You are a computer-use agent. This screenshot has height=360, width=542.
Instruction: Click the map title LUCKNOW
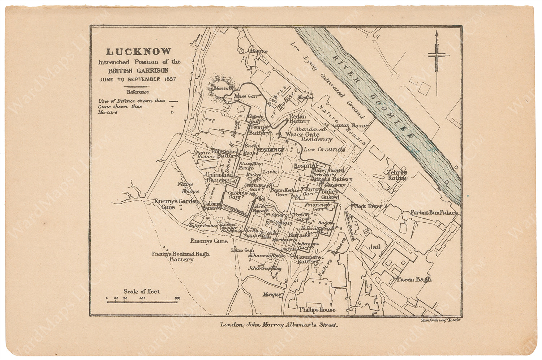coord(138,52)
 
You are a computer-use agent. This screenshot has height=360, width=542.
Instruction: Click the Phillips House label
coord(317,310)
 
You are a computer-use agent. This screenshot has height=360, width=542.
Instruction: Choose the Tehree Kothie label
coord(397,175)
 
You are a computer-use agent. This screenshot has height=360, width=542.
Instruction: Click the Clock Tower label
coord(368,206)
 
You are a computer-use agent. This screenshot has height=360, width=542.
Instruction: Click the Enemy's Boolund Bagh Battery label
coord(181,257)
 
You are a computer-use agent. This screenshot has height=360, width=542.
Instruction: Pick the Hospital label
coord(305,165)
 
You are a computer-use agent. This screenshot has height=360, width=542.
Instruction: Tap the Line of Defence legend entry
coord(132,101)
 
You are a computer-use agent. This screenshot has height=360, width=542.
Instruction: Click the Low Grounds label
coord(324,149)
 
